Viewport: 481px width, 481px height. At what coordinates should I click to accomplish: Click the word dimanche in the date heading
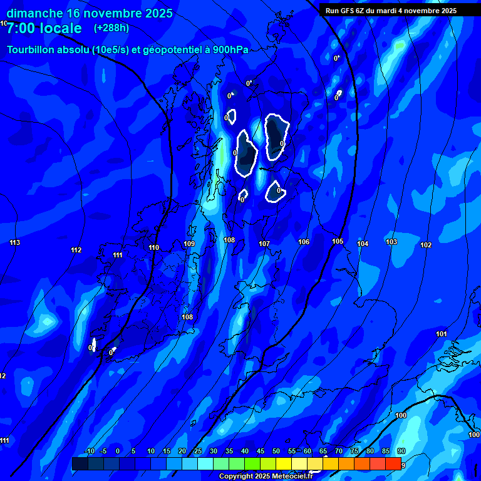coord(34,13)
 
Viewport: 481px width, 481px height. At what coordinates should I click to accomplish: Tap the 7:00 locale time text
coord(44,28)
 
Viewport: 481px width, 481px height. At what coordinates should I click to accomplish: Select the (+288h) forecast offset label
coord(111,28)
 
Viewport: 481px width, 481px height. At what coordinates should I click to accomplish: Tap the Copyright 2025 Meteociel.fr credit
coord(265,477)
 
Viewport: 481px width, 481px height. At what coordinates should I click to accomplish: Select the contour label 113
coord(15,242)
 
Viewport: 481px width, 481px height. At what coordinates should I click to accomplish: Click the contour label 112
coord(76,250)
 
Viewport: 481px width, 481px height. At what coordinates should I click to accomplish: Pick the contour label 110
coord(153,247)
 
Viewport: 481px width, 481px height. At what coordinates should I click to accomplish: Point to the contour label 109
coord(189,244)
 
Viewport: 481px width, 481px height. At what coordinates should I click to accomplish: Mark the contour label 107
coord(264,244)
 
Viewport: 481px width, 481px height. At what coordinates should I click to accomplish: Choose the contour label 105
coord(338,241)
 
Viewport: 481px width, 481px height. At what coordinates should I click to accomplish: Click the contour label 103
coord(391,242)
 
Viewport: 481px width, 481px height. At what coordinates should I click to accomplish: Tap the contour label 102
coord(426,245)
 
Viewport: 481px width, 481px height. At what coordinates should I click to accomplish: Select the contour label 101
coord(442,334)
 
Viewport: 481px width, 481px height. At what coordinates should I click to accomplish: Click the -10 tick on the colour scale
coord(90,452)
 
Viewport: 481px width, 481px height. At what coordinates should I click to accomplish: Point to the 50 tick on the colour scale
coord(276,452)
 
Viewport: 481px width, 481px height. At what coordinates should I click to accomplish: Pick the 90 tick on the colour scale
coord(401,452)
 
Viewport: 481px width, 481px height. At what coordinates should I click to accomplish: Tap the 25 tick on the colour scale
coord(198,452)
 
